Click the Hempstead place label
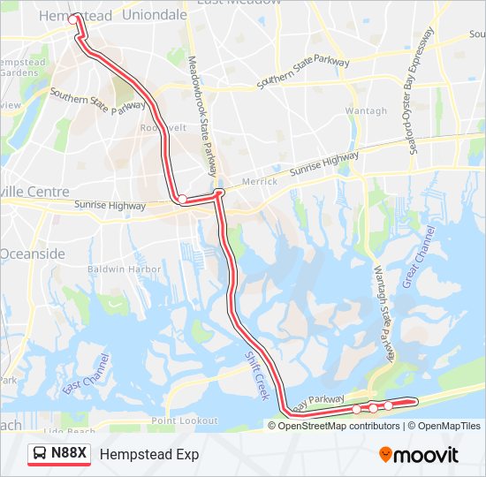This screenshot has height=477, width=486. tap(76, 16)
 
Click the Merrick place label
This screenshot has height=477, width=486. tap(259, 181)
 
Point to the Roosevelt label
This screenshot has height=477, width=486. tap(163, 127)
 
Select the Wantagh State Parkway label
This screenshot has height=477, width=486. tap(382, 314)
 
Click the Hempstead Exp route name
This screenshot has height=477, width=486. tap(149, 454)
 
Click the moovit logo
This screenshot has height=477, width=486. tap(419, 455)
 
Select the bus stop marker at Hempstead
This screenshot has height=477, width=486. tap(75, 18)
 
